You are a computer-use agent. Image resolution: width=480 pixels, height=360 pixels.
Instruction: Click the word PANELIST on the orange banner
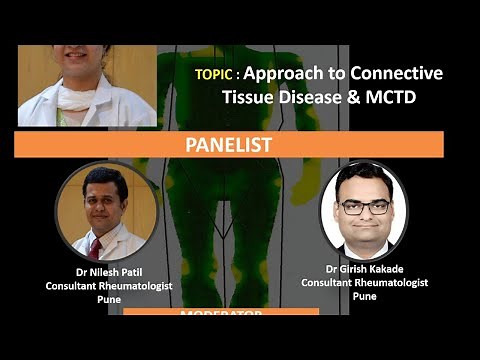coord(229,145)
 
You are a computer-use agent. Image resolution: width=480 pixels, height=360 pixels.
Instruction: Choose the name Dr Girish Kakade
coord(365,268)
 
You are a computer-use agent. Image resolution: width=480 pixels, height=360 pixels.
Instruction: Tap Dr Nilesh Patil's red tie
coord(96,247)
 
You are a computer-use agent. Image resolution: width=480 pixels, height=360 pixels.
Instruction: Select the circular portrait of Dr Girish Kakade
coord(363,212)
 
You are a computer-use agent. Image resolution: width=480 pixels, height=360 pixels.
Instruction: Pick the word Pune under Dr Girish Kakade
coord(365,296)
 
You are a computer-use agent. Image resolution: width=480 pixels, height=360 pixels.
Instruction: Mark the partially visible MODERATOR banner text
coord(221,315)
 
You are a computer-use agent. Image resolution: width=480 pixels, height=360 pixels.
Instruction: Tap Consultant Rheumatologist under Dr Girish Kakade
coord(365,282)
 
